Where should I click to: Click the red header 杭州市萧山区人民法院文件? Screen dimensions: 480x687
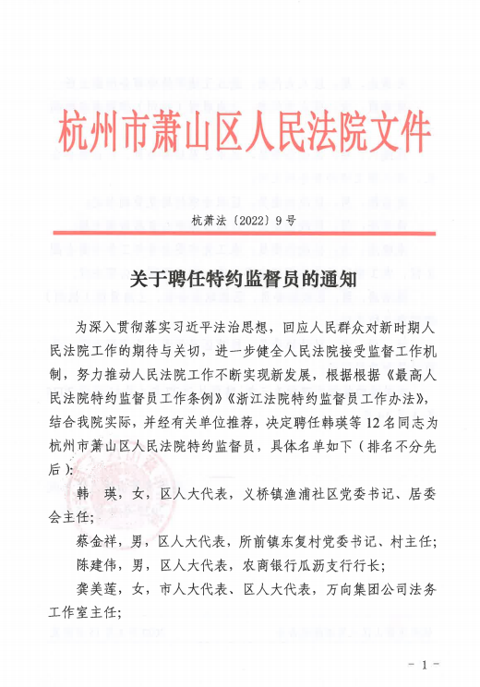[x=245, y=133]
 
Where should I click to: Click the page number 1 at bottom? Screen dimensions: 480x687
[x=425, y=665]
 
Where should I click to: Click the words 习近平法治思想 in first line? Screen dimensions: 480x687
[x=222, y=326]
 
